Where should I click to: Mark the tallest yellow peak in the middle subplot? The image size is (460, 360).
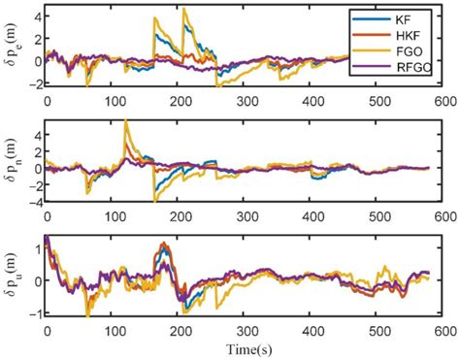click(x=126, y=120)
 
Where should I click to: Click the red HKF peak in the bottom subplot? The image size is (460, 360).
click(x=163, y=243)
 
